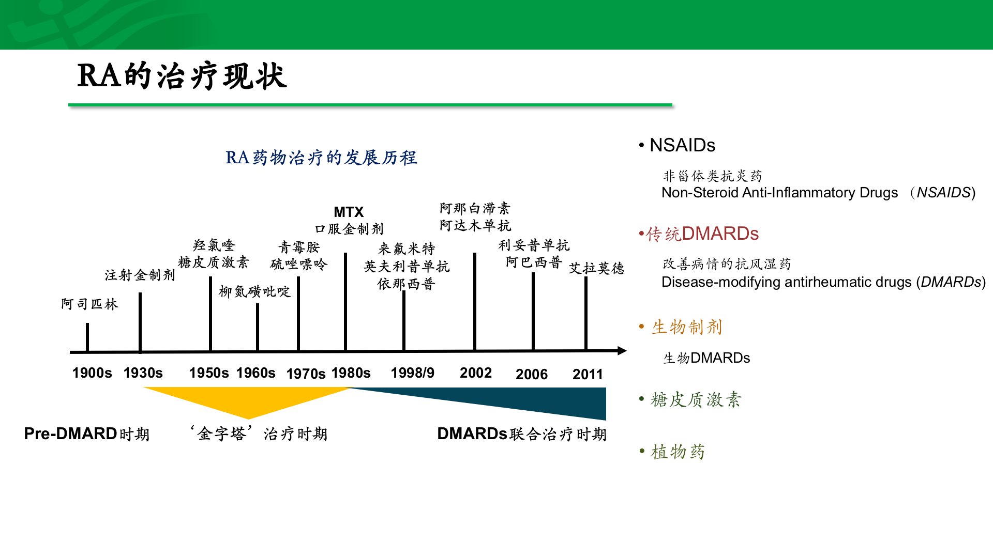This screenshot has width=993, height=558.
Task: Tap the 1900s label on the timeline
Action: tap(92, 373)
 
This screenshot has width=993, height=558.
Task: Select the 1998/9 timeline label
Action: tap(413, 373)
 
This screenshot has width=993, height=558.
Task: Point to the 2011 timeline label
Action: tap(588, 374)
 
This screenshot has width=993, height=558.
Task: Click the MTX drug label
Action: tap(349, 212)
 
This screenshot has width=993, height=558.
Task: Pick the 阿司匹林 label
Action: tap(89, 304)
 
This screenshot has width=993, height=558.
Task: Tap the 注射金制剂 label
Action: tap(140, 275)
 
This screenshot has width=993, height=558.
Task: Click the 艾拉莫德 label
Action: tap(596, 268)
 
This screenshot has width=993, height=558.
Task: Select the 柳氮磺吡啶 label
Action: tap(254, 291)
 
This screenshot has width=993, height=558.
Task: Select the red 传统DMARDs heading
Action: tap(699, 234)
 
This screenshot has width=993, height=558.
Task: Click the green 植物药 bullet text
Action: tap(672, 452)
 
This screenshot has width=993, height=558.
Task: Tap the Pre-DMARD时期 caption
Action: tap(87, 433)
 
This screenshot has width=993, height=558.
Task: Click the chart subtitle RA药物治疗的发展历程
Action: tap(321, 158)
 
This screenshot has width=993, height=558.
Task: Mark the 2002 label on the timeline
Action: tap(476, 373)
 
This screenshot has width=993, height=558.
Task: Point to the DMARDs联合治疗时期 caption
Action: tap(522, 433)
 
